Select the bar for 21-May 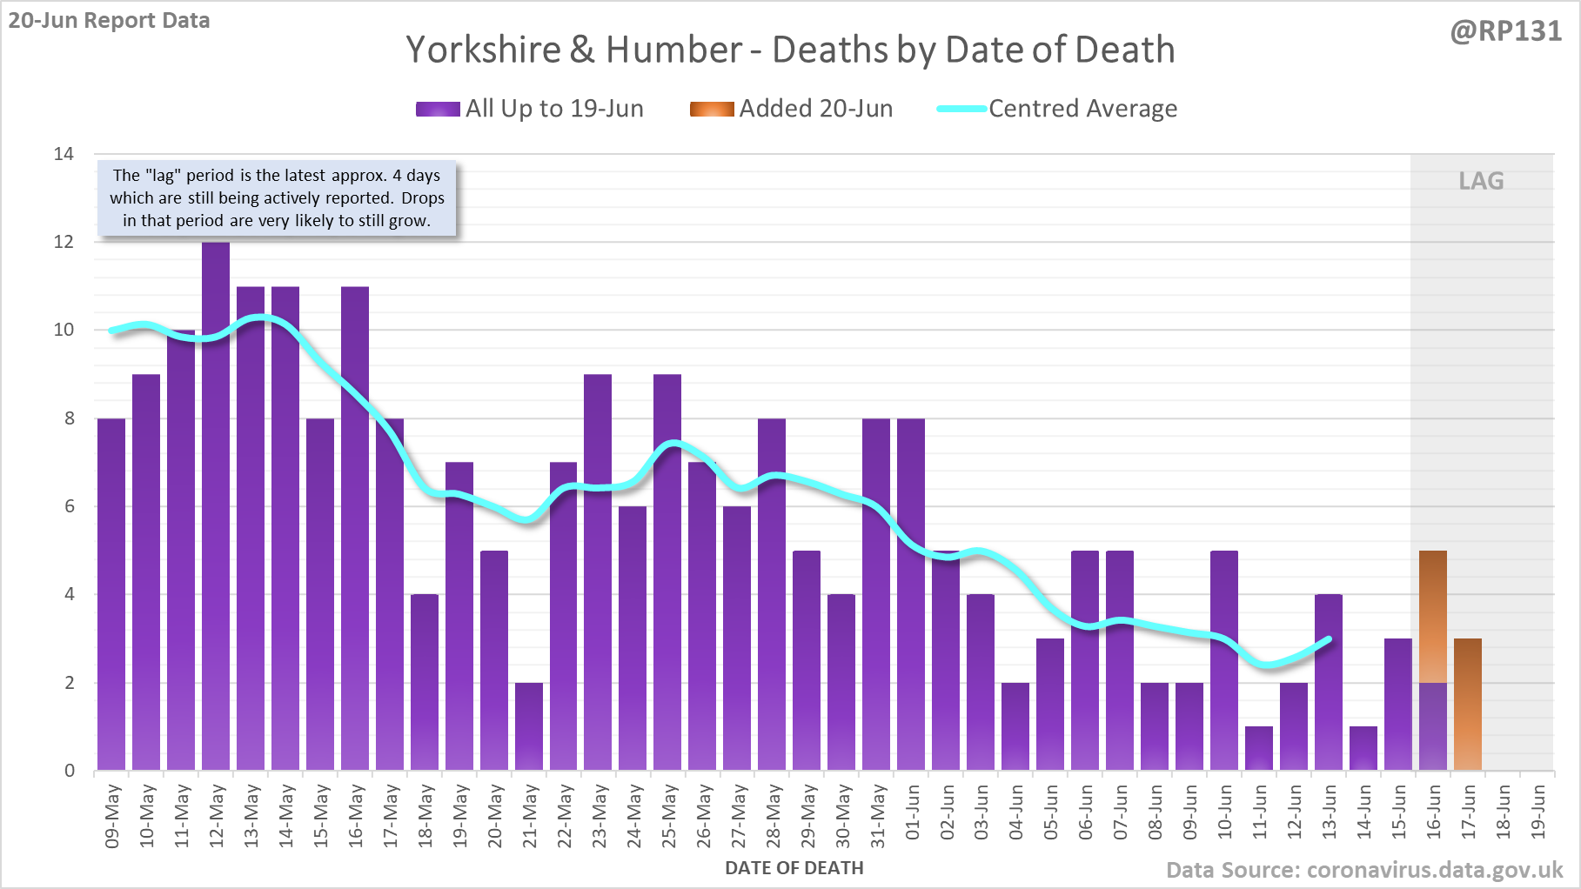(x=529, y=726)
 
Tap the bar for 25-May (x=667, y=571)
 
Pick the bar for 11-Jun (x=1259, y=748)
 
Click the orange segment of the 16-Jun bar (x=1433, y=616)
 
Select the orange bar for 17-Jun (x=1468, y=705)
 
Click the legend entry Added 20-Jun (x=792, y=109)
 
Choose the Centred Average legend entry (x=1057, y=109)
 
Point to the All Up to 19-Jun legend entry (x=530, y=109)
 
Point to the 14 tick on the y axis (x=64, y=154)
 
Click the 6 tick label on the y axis (x=69, y=506)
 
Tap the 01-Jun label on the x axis (x=912, y=812)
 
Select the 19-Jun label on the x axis (x=1538, y=812)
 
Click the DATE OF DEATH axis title (x=794, y=868)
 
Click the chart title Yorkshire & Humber (x=790, y=50)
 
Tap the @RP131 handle (x=1505, y=31)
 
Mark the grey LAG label (x=1481, y=181)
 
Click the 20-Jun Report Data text (x=110, y=21)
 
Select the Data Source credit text (x=1364, y=870)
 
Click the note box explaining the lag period (x=277, y=198)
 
